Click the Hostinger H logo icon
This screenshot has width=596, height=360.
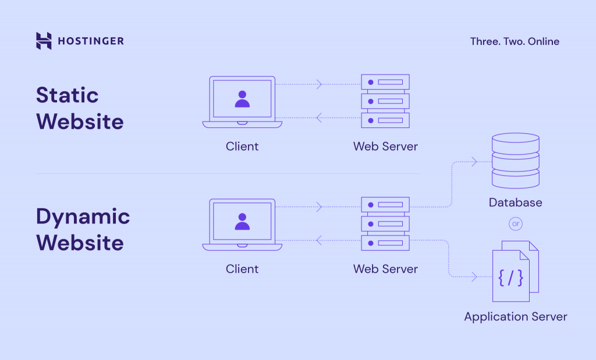click(x=44, y=41)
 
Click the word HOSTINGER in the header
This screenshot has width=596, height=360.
click(x=91, y=41)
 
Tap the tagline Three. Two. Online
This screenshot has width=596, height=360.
click(x=515, y=41)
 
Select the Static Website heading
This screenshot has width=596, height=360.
click(x=80, y=108)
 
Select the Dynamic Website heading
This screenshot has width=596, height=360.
click(x=83, y=229)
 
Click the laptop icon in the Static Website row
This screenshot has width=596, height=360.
click(x=242, y=102)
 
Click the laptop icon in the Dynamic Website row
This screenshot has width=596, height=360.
click(x=242, y=224)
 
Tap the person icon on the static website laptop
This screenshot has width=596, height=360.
click(x=242, y=99)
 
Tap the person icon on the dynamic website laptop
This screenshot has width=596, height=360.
click(x=242, y=222)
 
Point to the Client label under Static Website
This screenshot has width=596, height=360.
click(x=242, y=147)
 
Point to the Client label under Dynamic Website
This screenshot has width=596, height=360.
click(x=242, y=269)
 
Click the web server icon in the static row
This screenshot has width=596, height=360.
click(x=385, y=101)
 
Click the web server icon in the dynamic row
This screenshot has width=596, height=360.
click(x=385, y=224)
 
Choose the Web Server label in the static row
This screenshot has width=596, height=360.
click(x=385, y=147)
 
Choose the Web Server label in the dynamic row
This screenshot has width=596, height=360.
click(x=385, y=269)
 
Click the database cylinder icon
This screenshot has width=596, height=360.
click(x=515, y=161)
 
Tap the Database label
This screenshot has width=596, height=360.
click(x=515, y=202)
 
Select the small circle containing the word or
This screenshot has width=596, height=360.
click(x=515, y=223)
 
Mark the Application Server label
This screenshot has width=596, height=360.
click(x=515, y=317)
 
